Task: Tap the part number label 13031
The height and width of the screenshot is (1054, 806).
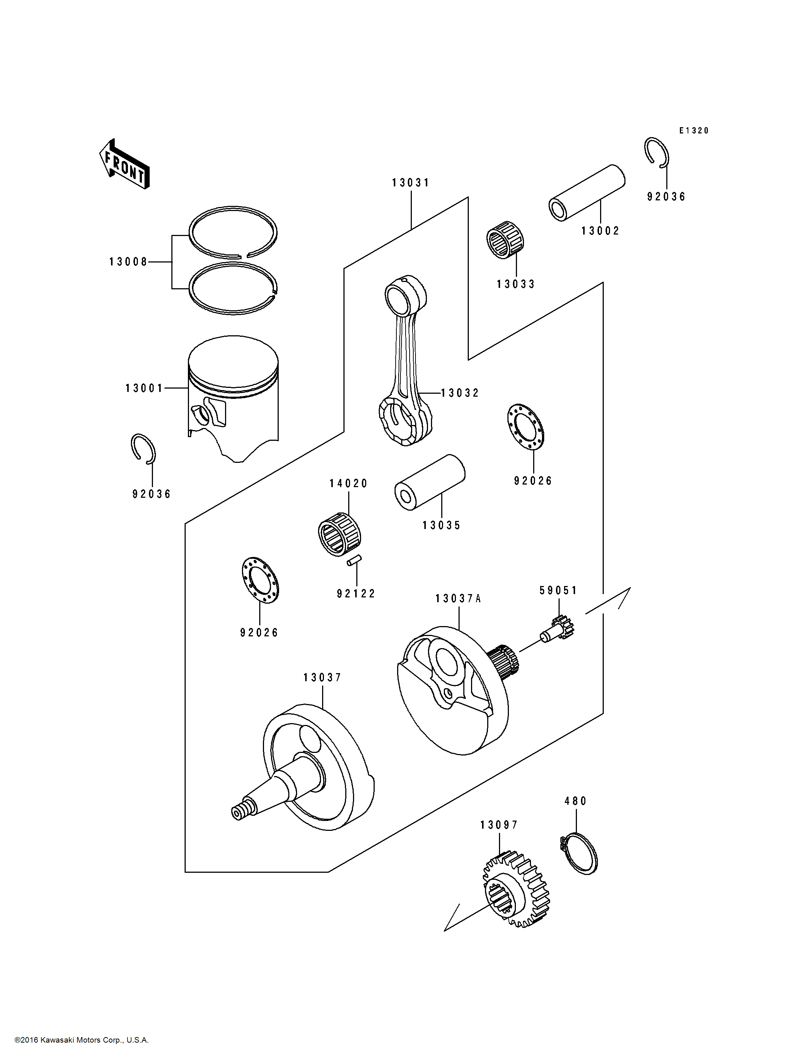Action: (411, 183)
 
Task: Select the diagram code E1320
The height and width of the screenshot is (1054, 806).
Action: (694, 131)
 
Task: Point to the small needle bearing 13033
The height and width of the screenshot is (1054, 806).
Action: (505, 241)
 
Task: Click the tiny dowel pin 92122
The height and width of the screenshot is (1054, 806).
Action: (354, 560)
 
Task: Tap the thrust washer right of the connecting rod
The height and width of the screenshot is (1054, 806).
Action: (525, 426)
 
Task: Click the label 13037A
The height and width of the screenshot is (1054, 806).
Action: (458, 599)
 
